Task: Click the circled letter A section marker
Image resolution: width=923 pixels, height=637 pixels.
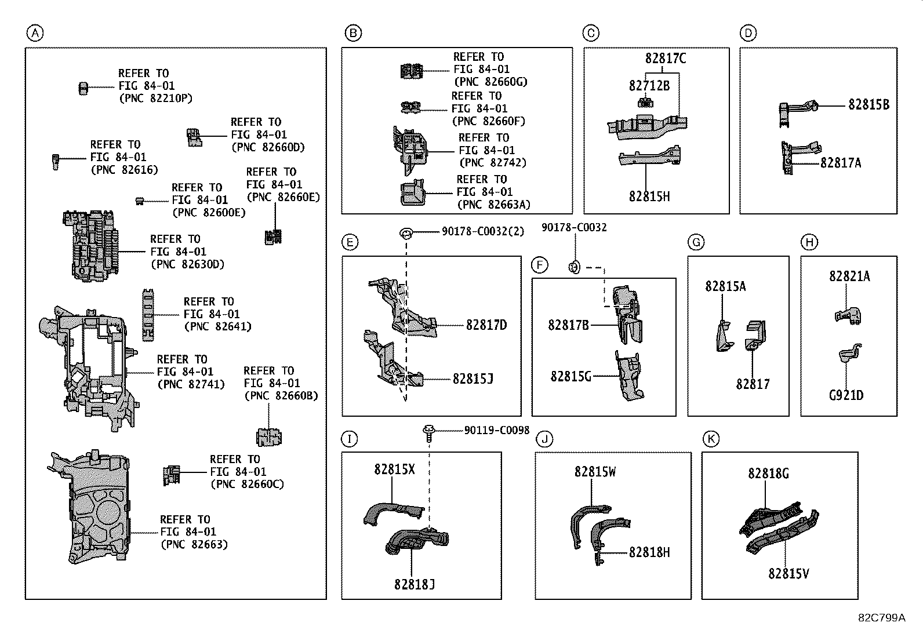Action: [x=35, y=34]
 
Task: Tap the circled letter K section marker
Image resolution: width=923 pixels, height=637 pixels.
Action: [x=710, y=439]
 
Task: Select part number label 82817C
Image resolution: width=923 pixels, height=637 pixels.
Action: [x=666, y=59]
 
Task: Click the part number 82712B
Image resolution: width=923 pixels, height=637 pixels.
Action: [x=649, y=86]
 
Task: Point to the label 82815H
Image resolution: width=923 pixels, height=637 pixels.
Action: [x=649, y=196]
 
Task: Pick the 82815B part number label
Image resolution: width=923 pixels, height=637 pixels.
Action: [x=868, y=105]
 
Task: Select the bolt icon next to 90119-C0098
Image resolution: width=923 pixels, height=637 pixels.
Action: [x=428, y=432]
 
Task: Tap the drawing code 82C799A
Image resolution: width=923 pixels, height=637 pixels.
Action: [x=881, y=617]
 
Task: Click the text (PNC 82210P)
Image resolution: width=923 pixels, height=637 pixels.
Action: [x=155, y=99]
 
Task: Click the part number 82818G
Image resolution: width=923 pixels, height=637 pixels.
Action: [x=768, y=474]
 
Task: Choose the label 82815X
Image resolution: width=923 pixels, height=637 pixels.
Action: [x=394, y=469]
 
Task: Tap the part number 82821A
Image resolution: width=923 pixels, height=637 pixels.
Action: [x=849, y=276]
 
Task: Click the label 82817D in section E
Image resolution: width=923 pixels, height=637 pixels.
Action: [x=486, y=325]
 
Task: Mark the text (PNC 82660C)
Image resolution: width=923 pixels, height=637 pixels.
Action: [x=247, y=484]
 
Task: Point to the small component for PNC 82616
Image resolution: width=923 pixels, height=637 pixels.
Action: [x=56, y=161]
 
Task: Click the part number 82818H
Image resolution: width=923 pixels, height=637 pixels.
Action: [x=649, y=552]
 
